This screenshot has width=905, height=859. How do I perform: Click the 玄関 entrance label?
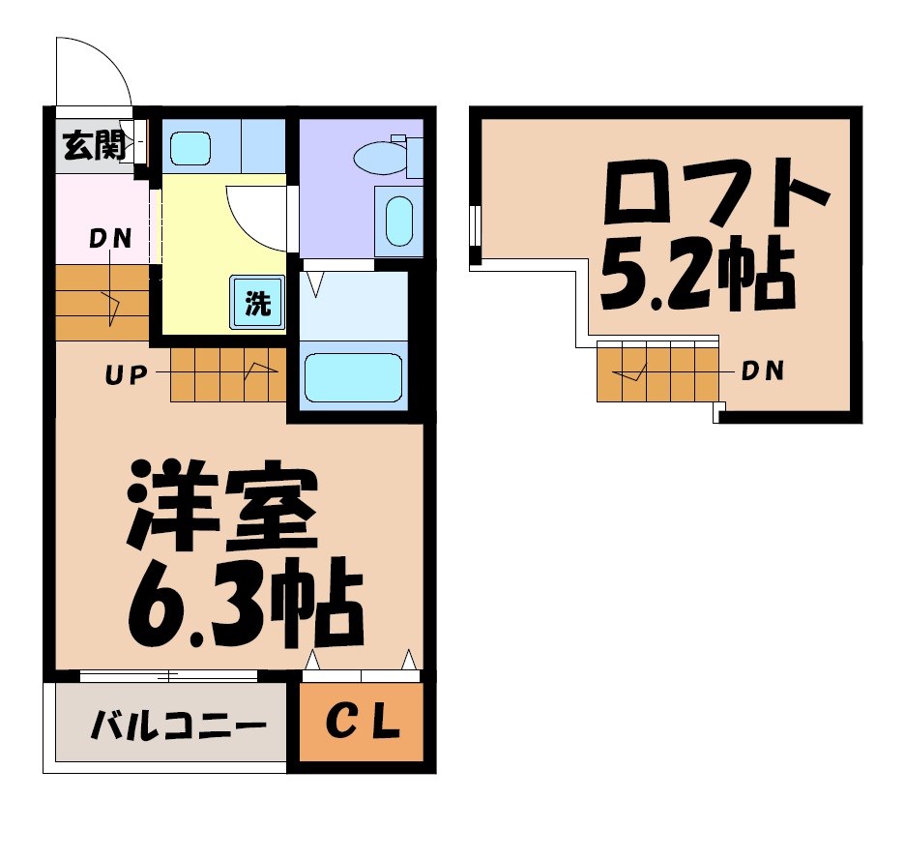(94, 147)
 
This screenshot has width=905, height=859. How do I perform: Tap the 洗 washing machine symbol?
(257, 303)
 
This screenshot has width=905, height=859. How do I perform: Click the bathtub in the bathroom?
(353, 377)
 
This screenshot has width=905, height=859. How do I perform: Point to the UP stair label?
(125, 374)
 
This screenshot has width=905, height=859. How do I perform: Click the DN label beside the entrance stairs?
(110, 239)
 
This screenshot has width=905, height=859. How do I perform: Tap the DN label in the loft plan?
(762, 370)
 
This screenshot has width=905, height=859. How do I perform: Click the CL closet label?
(362, 725)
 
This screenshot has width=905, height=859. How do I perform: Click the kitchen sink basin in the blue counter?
(190, 148)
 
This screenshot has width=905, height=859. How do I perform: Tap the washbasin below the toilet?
(398, 222)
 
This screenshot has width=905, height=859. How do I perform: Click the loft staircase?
(657, 370)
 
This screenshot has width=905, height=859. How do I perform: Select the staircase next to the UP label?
(228, 372)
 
